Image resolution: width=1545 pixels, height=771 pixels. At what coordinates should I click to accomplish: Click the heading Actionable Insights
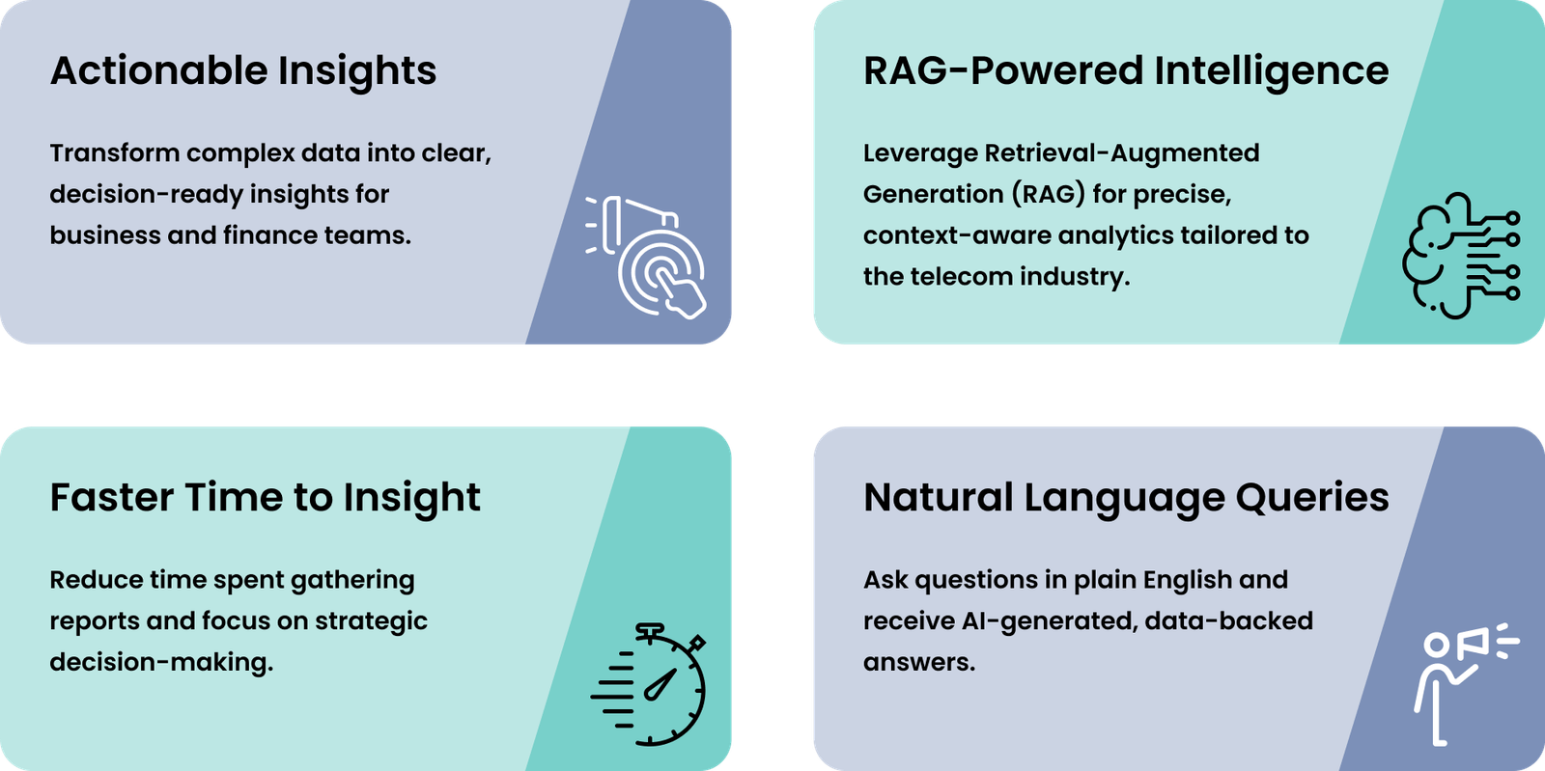242,71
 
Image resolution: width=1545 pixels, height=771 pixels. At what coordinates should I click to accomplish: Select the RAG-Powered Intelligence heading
1126,71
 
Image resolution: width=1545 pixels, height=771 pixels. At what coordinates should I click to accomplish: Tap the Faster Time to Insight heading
265,498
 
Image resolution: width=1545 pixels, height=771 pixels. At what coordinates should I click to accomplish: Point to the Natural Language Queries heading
1126,498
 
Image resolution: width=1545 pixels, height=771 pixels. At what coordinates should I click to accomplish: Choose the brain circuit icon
1461,256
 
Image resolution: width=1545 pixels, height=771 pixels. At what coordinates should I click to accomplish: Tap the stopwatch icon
648,684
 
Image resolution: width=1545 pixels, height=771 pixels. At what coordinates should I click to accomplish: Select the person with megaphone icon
1467,684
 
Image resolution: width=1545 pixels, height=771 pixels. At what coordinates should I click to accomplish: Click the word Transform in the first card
115,153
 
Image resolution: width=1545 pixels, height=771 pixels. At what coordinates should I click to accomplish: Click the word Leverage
920,153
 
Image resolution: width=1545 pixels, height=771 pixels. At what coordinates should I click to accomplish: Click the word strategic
371,621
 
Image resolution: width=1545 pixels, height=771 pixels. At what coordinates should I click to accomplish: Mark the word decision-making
161,663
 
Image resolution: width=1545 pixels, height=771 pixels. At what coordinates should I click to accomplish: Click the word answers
919,663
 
